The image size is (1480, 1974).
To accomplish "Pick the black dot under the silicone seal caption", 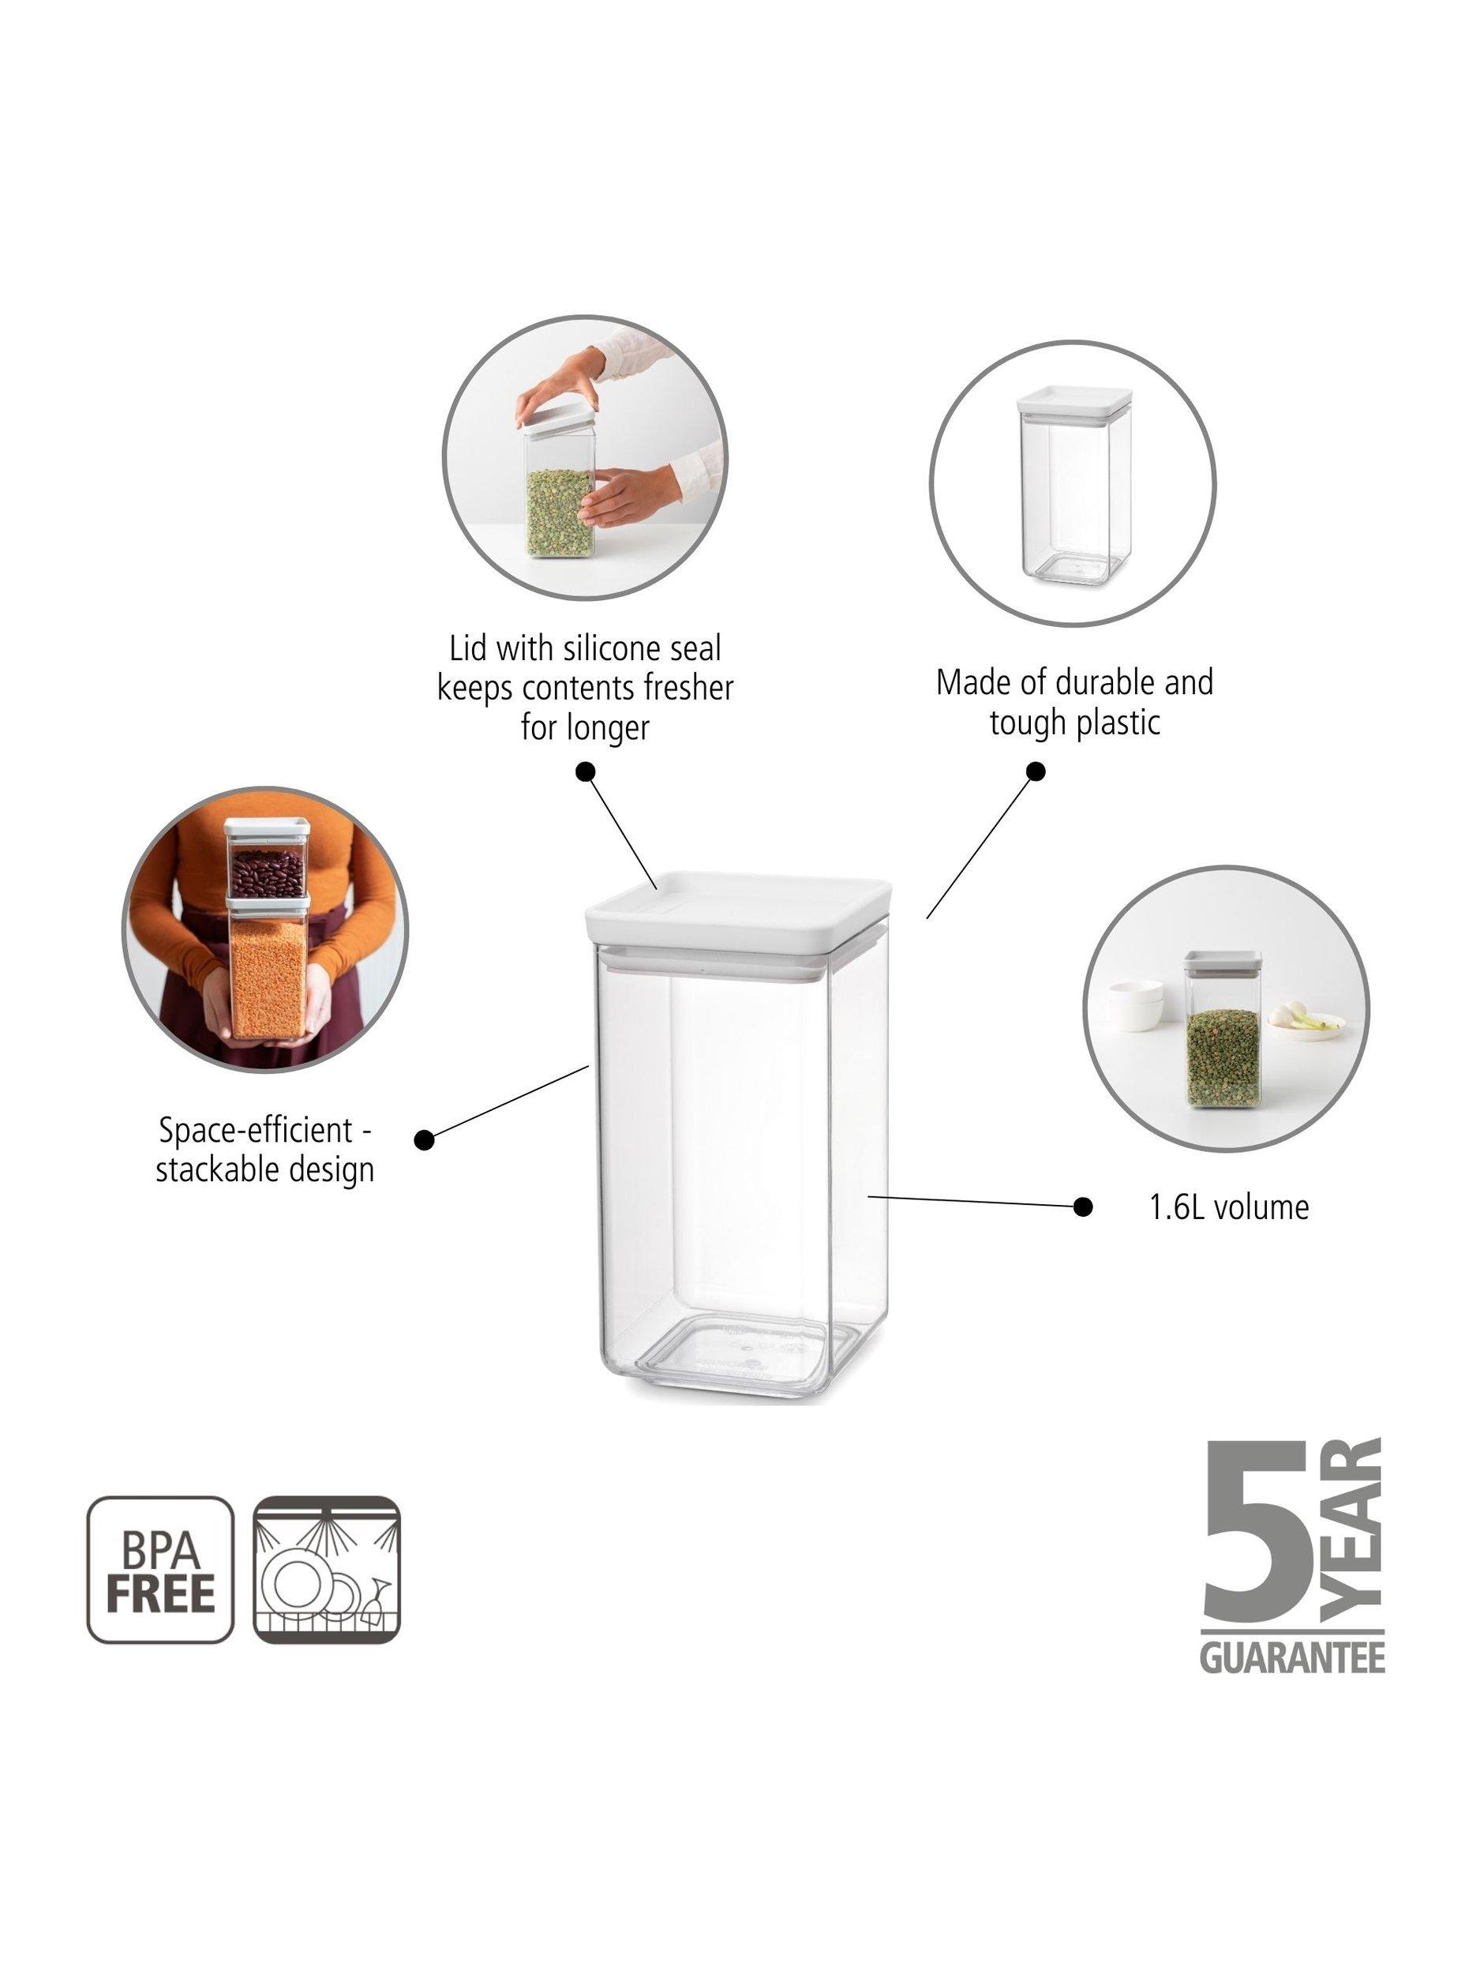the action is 585,772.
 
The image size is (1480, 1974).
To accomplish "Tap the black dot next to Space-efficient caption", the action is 425,1139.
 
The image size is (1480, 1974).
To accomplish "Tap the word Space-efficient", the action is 265,1131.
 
